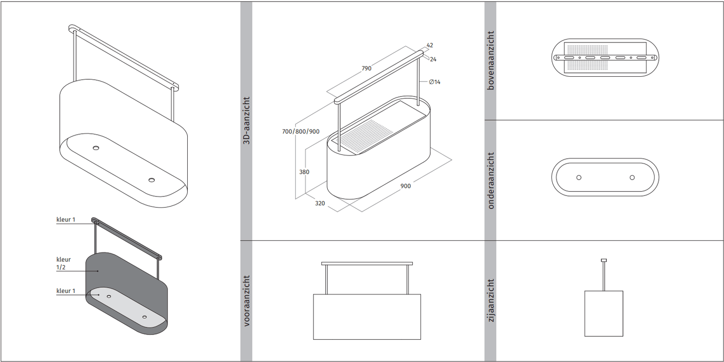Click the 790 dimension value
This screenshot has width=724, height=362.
click(x=366, y=68)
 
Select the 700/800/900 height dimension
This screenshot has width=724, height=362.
click(x=301, y=132)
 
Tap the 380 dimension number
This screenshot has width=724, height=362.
click(x=304, y=172)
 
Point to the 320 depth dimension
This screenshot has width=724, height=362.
click(x=320, y=203)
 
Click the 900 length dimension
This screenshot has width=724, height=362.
click(x=405, y=186)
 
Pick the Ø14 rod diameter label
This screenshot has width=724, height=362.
click(x=435, y=82)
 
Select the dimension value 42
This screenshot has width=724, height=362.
click(x=430, y=45)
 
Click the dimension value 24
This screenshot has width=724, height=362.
click(x=433, y=59)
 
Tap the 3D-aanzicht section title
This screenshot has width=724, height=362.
click(x=246, y=120)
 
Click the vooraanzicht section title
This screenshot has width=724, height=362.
click(x=246, y=301)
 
